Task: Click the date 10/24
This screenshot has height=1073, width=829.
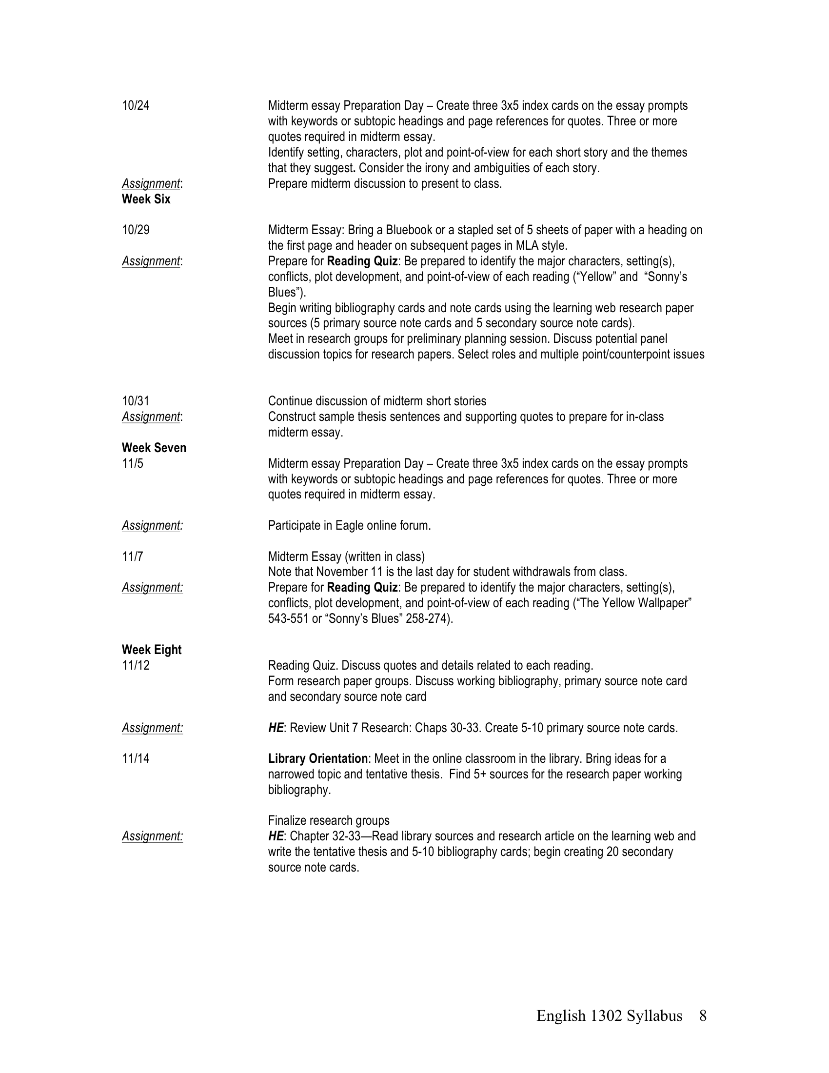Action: [x=136, y=106]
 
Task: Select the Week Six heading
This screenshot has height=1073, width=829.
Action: [x=146, y=199]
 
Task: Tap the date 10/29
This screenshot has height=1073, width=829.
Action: [x=136, y=230]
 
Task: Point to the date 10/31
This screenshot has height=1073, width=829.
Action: [x=136, y=401]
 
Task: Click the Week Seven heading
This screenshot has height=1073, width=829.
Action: [x=154, y=448]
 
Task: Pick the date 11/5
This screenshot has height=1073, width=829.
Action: [x=133, y=463]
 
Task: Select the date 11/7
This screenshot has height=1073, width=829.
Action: [x=133, y=556]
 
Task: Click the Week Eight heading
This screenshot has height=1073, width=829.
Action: [x=151, y=650]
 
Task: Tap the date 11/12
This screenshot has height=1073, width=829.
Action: [x=136, y=665]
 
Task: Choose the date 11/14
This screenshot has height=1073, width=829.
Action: [x=136, y=758]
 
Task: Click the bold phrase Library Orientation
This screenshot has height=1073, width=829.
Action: [x=318, y=758]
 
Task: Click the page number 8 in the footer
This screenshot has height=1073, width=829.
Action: [x=703, y=1015]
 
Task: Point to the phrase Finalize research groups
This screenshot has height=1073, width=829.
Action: [x=329, y=820]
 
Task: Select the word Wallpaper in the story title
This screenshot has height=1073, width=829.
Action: [x=664, y=603]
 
